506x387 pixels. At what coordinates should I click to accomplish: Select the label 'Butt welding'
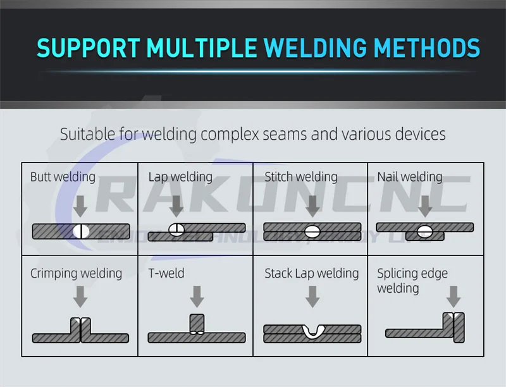tap(63, 177)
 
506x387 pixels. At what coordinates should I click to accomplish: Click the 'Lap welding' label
tap(180, 177)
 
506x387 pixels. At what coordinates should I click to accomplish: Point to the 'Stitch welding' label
tap(301, 177)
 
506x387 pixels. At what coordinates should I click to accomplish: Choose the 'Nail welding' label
tap(410, 177)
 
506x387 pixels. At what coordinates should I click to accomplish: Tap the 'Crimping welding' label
tap(76, 274)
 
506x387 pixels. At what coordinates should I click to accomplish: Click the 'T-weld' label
tap(166, 274)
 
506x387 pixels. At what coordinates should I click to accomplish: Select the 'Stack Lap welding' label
tap(311, 274)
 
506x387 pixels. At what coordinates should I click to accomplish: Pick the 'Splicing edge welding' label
tap(412, 281)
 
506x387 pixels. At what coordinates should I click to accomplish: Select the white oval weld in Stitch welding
tap(312, 231)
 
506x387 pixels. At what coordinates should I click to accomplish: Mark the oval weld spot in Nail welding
tap(424, 231)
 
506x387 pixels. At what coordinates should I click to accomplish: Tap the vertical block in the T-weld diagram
tap(197, 324)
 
